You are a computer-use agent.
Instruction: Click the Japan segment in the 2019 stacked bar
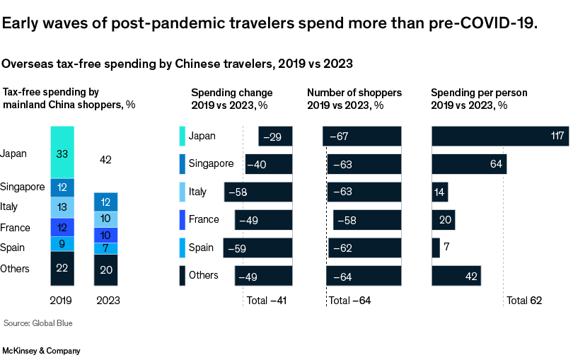62,152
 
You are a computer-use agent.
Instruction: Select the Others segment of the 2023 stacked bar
106,269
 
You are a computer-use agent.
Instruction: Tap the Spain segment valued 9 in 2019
62,244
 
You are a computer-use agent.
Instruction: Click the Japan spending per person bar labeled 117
500,137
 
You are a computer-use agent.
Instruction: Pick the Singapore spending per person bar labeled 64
469,164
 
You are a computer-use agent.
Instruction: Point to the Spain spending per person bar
436,248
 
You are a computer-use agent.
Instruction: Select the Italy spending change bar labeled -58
257,192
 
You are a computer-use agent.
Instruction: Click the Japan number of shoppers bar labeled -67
361,137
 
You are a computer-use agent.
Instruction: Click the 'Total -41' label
266,301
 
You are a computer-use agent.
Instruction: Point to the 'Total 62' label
523,301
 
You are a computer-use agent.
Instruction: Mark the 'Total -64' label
350,301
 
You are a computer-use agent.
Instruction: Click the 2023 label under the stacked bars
106,301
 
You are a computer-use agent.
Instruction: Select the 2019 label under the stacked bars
62,301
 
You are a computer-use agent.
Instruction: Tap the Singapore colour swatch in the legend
182,164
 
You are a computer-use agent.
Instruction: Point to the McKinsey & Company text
42,351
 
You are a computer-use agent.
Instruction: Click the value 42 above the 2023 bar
106,161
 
